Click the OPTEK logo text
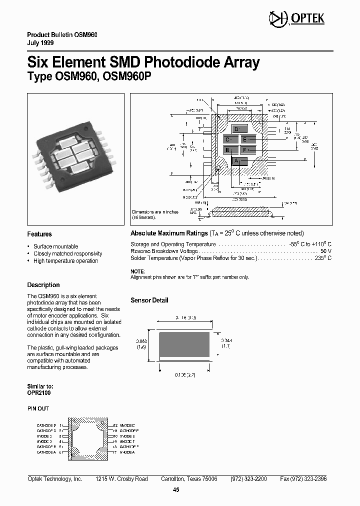(x=311, y=19)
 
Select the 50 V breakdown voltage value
(x=326, y=251)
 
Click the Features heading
(x=39, y=234)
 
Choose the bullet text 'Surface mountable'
(x=55, y=246)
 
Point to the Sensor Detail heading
(x=149, y=300)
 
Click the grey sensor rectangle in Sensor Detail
(x=184, y=344)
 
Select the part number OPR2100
(x=38, y=393)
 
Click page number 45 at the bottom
(x=176, y=490)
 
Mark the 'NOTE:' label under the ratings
(x=137, y=270)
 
